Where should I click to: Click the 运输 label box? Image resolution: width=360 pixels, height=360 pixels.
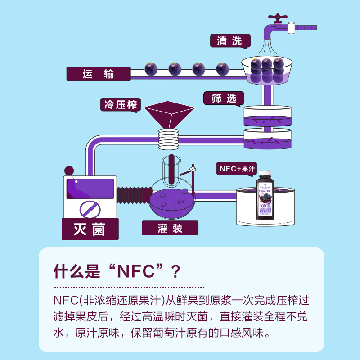[98, 74]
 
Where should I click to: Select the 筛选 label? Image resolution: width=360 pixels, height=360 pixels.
[224, 99]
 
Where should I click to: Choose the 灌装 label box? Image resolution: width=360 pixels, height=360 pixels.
[170, 228]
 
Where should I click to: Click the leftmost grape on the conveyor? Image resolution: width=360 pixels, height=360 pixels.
[151, 69]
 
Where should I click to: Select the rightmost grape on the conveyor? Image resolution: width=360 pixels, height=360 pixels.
[222, 69]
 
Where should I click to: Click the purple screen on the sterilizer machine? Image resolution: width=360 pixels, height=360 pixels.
[90, 189]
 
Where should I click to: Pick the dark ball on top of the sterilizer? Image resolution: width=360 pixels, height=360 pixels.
[69, 171]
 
